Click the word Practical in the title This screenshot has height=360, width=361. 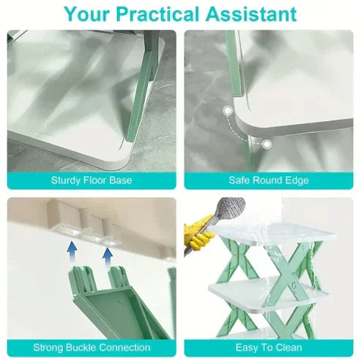(157, 14)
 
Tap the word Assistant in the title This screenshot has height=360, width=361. (251, 14)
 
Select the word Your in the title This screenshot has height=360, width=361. (86, 14)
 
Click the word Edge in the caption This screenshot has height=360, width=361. (297, 181)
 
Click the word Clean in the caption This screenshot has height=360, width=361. (288, 348)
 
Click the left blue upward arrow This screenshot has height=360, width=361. (72, 251)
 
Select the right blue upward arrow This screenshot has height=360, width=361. (108, 258)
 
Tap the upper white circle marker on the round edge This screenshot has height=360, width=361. (228, 111)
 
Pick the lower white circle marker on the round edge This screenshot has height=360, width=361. (267, 144)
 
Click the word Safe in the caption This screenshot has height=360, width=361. (239, 180)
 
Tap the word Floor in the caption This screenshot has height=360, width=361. (95, 180)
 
